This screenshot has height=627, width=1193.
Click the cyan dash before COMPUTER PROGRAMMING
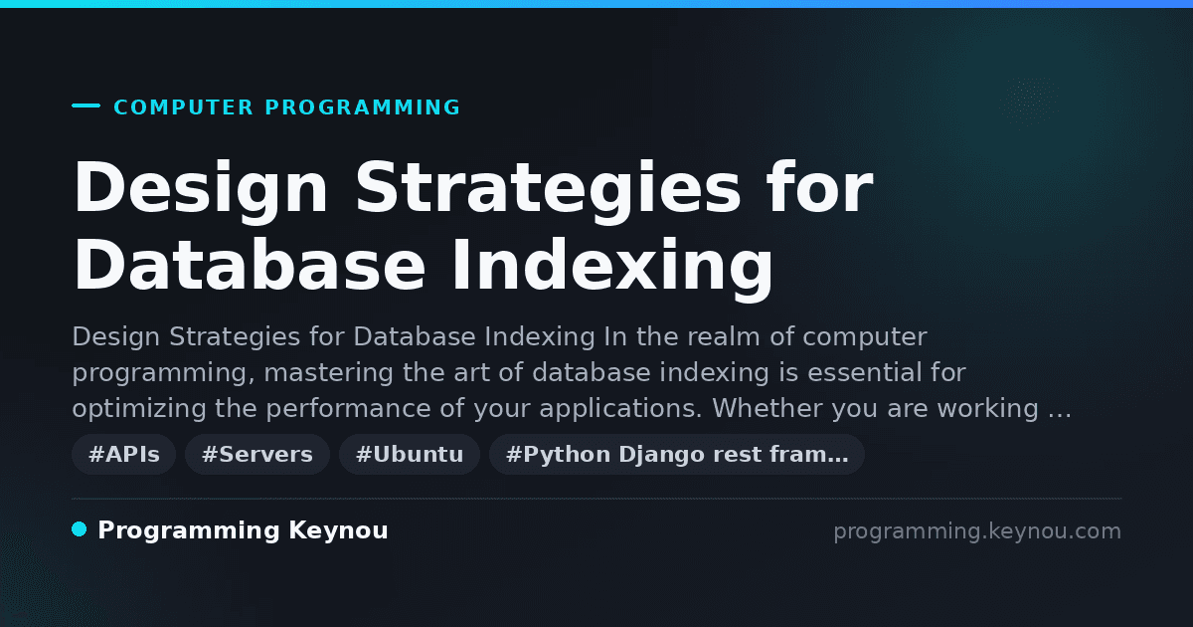[85, 105]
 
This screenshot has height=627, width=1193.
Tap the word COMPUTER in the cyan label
[183, 107]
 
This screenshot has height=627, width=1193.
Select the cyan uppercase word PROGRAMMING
[362, 107]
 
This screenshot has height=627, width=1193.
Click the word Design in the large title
[200, 189]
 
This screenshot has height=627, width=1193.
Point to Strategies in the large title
[548, 189]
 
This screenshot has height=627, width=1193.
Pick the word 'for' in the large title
[820, 187]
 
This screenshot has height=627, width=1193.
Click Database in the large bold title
[250, 265]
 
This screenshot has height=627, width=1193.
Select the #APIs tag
[123, 454]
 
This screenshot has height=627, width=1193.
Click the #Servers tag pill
[257, 454]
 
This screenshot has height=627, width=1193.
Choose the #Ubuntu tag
[410, 454]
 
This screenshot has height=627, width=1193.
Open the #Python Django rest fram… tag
[677, 454]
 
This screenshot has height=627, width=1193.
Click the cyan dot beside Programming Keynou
[80, 529]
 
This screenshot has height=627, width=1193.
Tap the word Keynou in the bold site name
[338, 531]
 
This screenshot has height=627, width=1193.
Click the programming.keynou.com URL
[977, 531]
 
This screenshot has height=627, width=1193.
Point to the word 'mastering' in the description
[328, 372]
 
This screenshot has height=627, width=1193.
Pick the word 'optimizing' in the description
[139, 409]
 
